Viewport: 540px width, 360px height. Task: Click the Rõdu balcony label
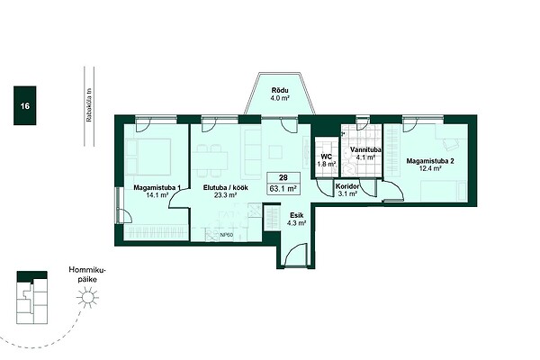click(x=280, y=90)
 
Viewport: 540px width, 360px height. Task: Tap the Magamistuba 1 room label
click(x=157, y=188)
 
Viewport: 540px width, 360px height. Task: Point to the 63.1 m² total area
click(x=283, y=189)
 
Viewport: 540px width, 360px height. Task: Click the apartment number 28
click(x=283, y=178)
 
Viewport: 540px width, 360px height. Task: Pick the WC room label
click(x=326, y=157)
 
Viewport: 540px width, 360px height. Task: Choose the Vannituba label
click(x=365, y=150)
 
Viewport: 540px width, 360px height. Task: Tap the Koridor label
click(x=347, y=186)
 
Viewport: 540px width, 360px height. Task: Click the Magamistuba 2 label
click(x=430, y=161)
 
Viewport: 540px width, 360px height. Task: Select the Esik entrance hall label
click(x=296, y=216)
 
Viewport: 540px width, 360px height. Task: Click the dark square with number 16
click(x=25, y=105)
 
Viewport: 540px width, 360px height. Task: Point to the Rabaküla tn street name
click(x=89, y=106)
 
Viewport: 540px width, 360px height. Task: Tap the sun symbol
click(x=88, y=298)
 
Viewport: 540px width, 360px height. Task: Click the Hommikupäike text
click(x=87, y=274)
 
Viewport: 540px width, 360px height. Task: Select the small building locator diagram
click(x=32, y=297)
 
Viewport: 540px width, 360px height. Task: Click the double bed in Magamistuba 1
click(x=148, y=157)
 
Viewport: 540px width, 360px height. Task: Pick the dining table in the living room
click(x=210, y=160)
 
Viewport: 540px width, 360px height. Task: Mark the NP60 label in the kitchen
click(x=227, y=235)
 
